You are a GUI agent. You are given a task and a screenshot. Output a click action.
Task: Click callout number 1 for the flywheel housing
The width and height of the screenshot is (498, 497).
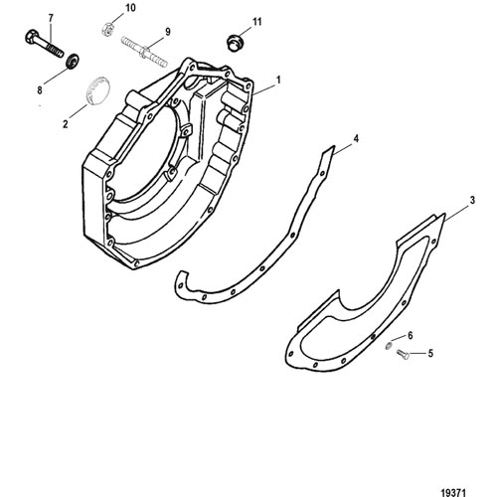tap(278, 80)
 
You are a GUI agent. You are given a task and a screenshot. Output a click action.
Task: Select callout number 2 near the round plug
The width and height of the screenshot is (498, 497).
tap(66, 124)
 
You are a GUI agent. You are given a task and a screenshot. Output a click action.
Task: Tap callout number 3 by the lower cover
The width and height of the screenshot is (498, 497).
tap(472, 200)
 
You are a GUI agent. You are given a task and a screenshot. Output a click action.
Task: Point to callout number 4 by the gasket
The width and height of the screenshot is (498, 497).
tap(356, 138)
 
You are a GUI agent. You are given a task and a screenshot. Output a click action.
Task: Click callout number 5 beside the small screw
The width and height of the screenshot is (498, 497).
tap(430, 354)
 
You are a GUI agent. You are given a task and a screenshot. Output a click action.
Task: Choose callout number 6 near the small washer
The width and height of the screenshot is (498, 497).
tap(411, 336)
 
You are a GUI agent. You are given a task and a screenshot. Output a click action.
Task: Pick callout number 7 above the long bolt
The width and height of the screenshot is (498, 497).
tap(51, 18)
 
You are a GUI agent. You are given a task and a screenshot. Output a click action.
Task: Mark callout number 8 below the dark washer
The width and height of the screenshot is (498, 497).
tap(40, 89)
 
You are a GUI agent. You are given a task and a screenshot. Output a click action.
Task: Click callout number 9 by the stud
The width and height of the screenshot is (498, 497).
tap(168, 32)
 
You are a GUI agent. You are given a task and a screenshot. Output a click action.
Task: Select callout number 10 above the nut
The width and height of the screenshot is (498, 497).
tap(130, 8)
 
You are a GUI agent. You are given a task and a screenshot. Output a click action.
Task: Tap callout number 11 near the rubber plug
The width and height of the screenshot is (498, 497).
tap(257, 22)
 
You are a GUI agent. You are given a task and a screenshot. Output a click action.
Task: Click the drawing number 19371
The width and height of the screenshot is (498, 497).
tap(453, 492)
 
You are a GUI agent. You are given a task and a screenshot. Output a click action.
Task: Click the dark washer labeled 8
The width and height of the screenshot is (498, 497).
tap(72, 61)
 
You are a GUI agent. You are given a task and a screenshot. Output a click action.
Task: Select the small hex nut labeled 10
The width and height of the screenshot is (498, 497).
tap(106, 28)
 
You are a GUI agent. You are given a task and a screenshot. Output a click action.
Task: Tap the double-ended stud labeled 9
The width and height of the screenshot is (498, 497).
tap(144, 52)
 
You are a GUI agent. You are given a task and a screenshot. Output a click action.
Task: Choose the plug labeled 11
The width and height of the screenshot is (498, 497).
tap(236, 43)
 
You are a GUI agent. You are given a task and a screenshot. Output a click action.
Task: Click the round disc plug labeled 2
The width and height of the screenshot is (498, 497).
tap(97, 89)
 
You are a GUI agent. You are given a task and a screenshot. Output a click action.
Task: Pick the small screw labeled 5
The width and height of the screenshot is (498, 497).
tap(403, 355)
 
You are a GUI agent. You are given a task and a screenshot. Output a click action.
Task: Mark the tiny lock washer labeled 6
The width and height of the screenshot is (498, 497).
tap(389, 346)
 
